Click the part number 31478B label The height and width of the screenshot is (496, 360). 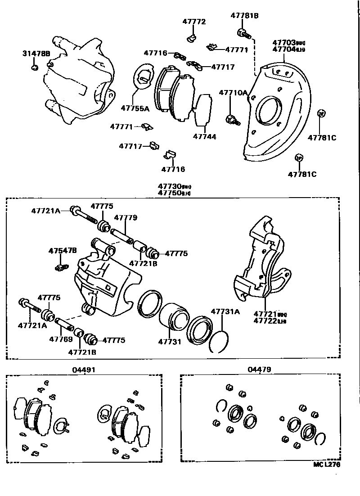click(x=36, y=54)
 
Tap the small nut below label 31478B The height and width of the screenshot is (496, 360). click(x=35, y=68)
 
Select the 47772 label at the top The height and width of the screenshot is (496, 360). click(x=194, y=22)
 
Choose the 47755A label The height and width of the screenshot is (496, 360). click(x=135, y=108)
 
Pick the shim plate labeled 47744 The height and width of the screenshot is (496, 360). click(x=203, y=110)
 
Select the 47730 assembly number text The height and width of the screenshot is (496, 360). click(x=169, y=186)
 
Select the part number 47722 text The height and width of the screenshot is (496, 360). click(x=265, y=321)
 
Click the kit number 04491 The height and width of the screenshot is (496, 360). click(x=84, y=370)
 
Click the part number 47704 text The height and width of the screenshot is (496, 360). click(x=284, y=50)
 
